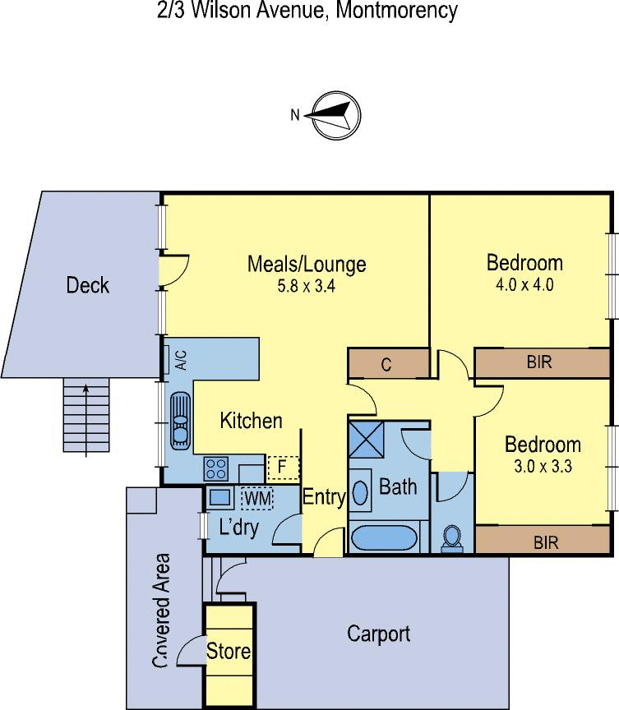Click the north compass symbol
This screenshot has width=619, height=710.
point(336,115)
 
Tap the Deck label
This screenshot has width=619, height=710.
point(88,285)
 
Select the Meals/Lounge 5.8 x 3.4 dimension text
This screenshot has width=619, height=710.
point(307,286)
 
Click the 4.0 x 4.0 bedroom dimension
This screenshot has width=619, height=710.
point(524,285)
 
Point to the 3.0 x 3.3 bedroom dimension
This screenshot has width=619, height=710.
point(543,467)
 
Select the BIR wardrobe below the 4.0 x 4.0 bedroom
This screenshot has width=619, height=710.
point(542,362)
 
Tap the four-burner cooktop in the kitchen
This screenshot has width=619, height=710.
point(215,469)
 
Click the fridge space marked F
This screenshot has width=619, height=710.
point(283,468)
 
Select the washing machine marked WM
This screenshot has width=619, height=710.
point(257,499)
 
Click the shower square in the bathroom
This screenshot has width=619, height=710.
point(367,440)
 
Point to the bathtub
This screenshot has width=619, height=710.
point(384,538)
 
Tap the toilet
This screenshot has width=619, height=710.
point(451,539)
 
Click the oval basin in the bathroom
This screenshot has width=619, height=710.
point(360,493)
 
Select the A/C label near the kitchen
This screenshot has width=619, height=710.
point(181,360)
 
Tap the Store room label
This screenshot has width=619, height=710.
point(229,651)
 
